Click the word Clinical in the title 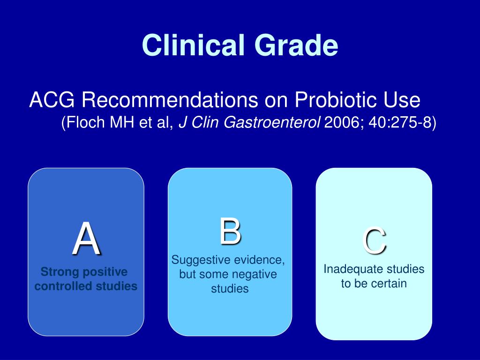coord(194,45)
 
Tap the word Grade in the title coord(296,45)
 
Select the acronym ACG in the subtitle coord(52,100)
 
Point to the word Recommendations coord(170,100)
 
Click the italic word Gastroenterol coord(271,122)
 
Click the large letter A coord(87,238)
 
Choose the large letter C coord(374,240)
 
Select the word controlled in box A coord(63,286)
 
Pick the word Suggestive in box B coord(201,260)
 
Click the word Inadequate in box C coord(349,269)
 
